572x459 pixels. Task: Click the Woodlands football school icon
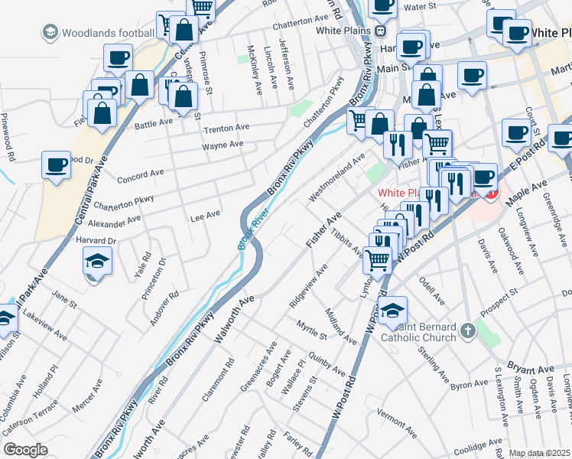pos(50,33)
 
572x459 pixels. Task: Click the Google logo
pos(25,450)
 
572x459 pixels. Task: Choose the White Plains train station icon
pos(379,31)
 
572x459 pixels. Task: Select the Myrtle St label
pos(312,330)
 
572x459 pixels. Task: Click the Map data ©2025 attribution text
pos(539,453)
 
